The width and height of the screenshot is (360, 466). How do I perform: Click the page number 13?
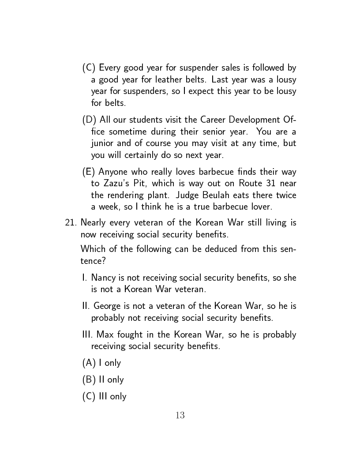180,415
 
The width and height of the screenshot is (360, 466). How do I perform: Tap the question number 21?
71,222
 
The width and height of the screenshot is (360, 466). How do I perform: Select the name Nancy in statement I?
104,278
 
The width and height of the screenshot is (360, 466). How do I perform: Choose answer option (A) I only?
101,363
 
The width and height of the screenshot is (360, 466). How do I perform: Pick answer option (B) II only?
103,380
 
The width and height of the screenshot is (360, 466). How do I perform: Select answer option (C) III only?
104,396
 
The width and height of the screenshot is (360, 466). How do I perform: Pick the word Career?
213,120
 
